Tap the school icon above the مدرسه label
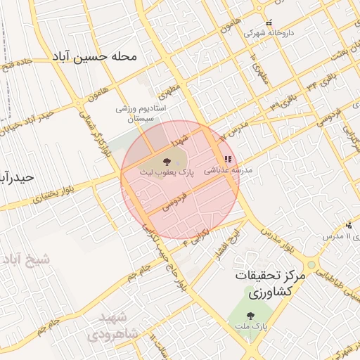click(228, 160)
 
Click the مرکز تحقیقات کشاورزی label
click(271, 283)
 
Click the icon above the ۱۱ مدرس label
click(349, 226)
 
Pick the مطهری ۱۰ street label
click(259, 68)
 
